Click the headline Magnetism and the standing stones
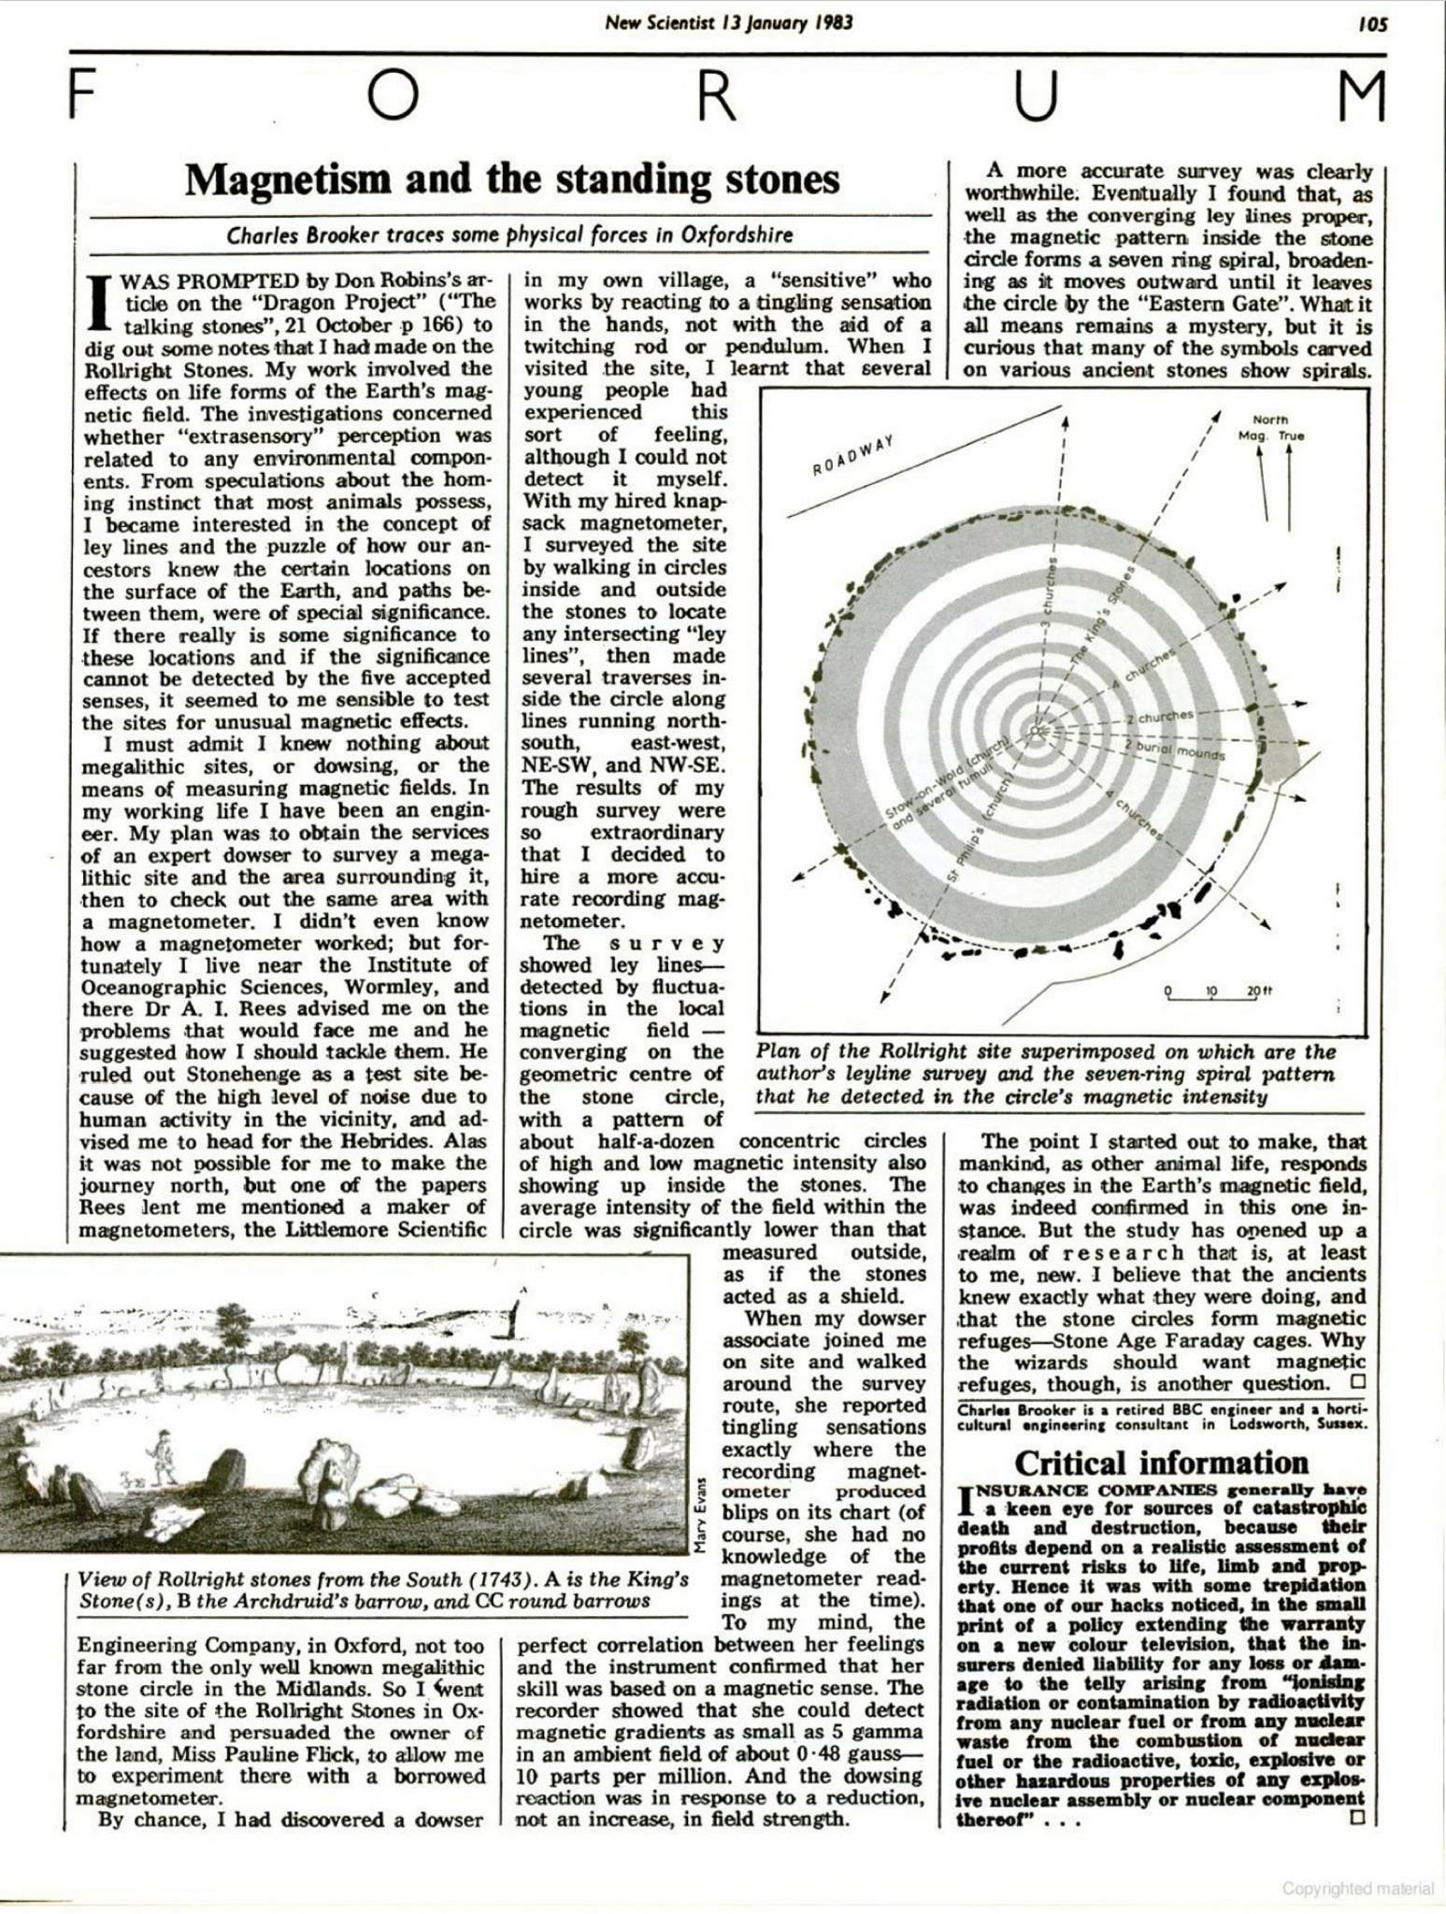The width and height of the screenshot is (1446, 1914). coord(511,179)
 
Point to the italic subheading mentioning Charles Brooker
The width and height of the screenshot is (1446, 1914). coord(510,235)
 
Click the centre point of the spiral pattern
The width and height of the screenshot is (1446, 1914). coord(1036,731)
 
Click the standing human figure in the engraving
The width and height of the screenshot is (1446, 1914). coord(163,1455)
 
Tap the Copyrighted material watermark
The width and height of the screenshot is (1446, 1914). coord(1357,1888)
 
